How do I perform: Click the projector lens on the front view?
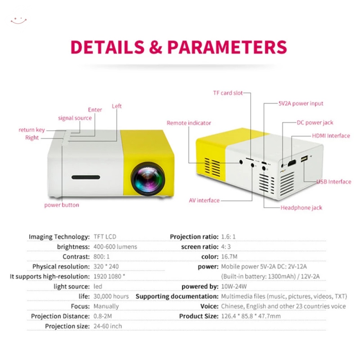(148, 179)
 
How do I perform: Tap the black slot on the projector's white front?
(86, 177)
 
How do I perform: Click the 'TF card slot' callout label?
(228, 93)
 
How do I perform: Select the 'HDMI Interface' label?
(331, 136)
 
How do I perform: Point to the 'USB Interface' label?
(334, 181)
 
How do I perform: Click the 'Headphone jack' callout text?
(301, 208)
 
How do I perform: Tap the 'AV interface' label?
(204, 201)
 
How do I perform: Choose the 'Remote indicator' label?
(189, 123)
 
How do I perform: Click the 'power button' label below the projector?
(62, 205)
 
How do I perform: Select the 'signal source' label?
(75, 118)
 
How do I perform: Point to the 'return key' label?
(32, 130)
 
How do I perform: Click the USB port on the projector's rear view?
(304, 158)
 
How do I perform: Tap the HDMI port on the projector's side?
(292, 163)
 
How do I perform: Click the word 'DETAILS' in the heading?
(107, 47)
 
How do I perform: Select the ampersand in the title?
(156, 47)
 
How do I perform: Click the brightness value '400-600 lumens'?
(115, 247)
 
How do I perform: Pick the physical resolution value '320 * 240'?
(106, 266)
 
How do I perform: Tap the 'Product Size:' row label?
(199, 316)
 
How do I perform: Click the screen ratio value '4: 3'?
(226, 247)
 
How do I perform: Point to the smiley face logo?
(19, 21)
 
